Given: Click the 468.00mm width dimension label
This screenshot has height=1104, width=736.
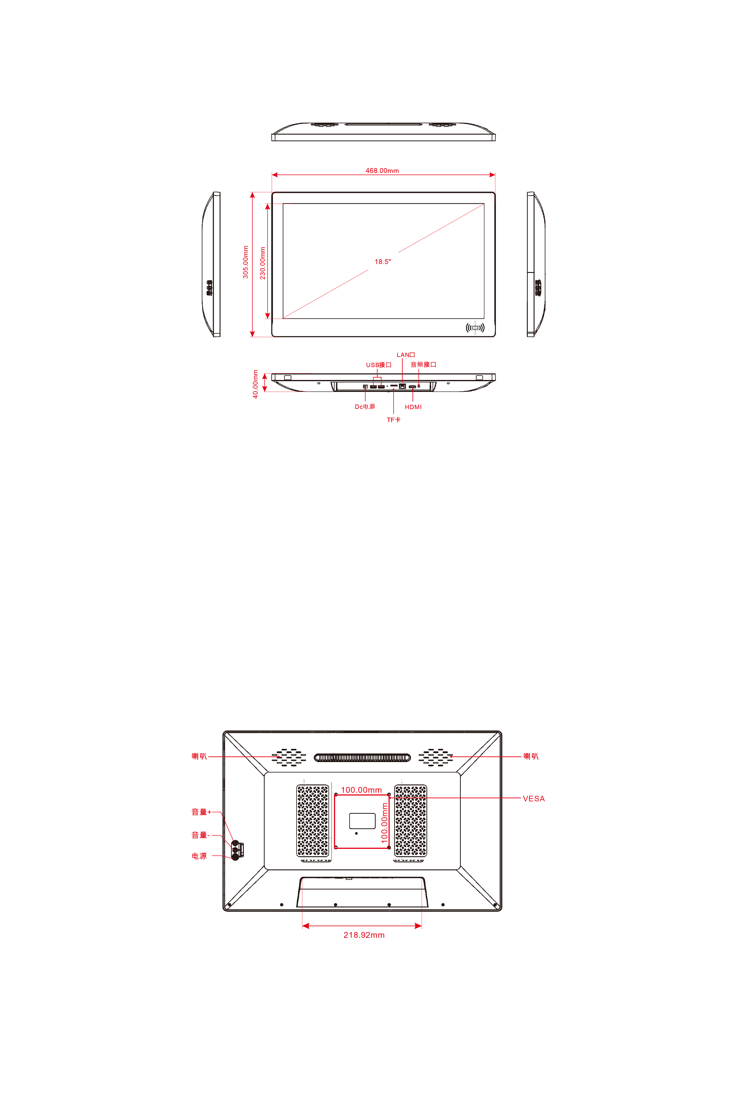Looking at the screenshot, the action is click(382, 171).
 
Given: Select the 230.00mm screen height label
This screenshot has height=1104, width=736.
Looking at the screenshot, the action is click(263, 263).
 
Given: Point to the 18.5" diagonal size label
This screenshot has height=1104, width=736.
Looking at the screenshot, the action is click(382, 262).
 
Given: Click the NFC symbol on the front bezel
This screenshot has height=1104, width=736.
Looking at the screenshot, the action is click(475, 328).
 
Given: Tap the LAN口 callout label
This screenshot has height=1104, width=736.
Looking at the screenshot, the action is click(405, 355).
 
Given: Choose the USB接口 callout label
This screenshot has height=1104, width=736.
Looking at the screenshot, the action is click(379, 365).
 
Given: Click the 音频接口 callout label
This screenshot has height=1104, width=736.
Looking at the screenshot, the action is click(424, 364).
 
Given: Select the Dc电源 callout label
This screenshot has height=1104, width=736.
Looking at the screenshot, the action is click(365, 407).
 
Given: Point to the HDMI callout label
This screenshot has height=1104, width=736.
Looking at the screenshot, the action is click(413, 407).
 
